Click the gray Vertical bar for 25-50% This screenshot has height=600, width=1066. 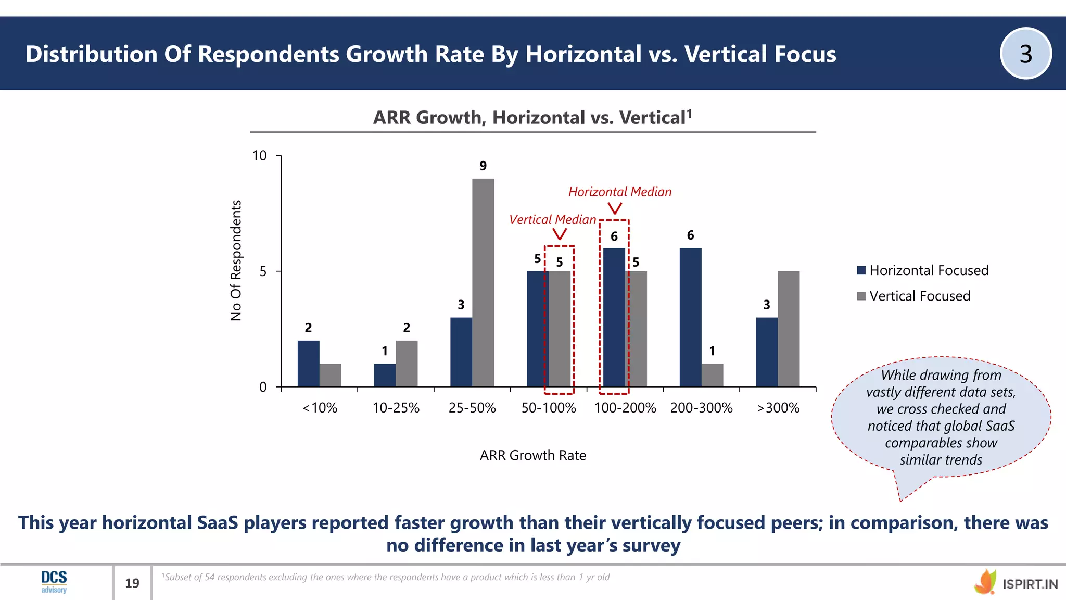(483, 283)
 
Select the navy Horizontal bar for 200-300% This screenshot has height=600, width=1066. (690, 317)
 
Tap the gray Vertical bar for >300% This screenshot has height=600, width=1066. (789, 329)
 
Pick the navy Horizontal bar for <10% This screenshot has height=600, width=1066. (309, 364)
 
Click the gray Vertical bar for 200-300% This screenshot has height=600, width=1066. (712, 375)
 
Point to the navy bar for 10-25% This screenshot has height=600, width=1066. (385, 375)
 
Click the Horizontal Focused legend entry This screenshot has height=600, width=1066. (922, 270)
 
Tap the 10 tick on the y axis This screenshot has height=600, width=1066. (259, 156)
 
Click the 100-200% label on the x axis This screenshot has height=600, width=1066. (625, 408)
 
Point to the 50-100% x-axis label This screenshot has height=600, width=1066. (549, 408)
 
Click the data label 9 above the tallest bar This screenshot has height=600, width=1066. (483, 166)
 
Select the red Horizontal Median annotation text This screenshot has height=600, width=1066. (619, 192)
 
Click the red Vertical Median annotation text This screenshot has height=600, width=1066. (552, 219)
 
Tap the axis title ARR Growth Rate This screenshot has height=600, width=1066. (532, 455)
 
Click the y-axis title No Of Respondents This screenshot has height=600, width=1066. (236, 260)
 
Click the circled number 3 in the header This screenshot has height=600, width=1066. (1025, 54)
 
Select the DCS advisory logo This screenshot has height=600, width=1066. (54, 582)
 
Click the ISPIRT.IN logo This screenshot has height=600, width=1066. (1016, 583)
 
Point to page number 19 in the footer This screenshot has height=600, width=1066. (132, 583)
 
